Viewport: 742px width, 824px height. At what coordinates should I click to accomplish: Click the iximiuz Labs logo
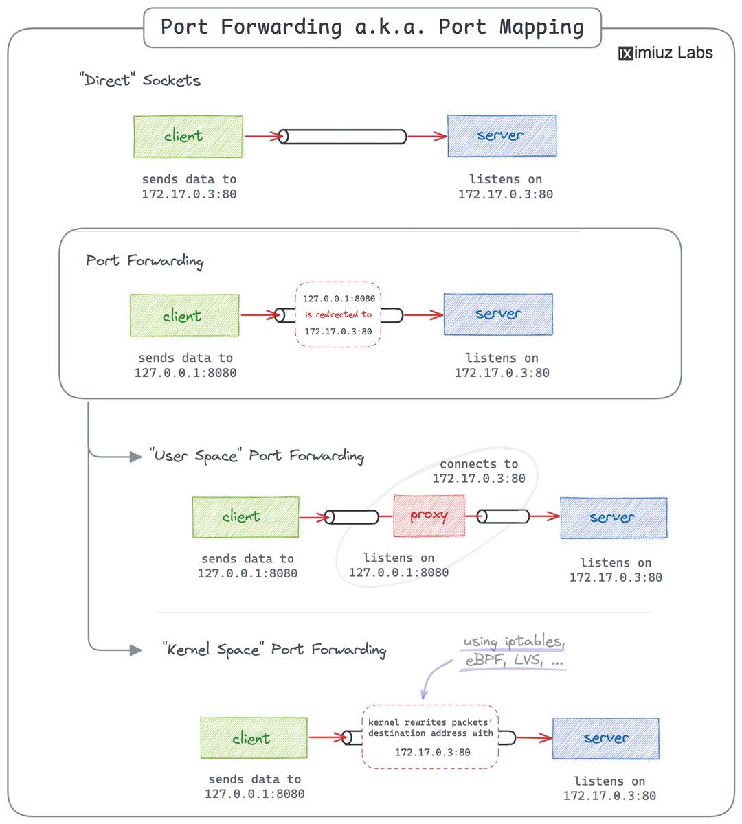[x=665, y=53]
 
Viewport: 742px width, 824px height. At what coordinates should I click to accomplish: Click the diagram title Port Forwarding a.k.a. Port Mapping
[x=372, y=27]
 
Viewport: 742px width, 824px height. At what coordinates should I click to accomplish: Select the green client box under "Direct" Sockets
[x=188, y=137]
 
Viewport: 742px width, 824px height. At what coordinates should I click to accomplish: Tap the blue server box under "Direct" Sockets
[x=502, y=136]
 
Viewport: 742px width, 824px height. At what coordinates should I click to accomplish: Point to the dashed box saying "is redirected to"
[x=338, y=314]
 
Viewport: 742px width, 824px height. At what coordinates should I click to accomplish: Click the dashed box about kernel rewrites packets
[x=430, y=737]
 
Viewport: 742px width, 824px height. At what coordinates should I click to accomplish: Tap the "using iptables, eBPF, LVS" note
[x=514, y=651]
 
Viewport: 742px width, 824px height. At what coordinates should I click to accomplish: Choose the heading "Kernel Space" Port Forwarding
[x=273, y=650]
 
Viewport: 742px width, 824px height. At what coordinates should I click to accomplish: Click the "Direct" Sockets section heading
[x=140, y=80]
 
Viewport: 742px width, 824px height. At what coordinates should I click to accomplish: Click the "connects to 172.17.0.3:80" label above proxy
[x=479, y=472]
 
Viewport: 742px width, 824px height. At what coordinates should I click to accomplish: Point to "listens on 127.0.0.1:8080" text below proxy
[x=398, y=565]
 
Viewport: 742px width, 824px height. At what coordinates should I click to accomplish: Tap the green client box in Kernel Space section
[x=254, y=738]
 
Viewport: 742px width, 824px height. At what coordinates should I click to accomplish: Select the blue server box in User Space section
[x=614, y=518]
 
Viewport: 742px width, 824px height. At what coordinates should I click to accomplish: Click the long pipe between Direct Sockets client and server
[x=343, y=137]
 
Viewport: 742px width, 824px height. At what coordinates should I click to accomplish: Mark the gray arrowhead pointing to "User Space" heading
[x=135, y=456]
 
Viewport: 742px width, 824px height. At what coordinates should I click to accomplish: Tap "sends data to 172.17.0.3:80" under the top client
[x=189, y=187]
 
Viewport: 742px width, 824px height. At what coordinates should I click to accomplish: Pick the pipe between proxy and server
[x=503, y=516]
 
